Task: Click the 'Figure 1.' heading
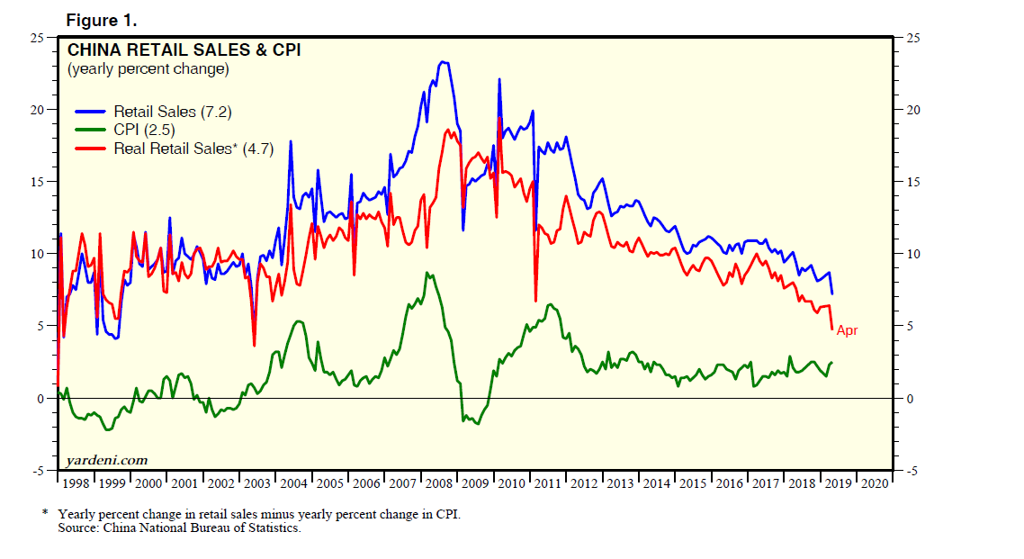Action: coord(100,19)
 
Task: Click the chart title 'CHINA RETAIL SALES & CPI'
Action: coord(184,50)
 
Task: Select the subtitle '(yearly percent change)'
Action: coord(148,68)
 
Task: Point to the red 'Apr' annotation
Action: coord(848,330)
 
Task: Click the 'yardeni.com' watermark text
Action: coord(106,459)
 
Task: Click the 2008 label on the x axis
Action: coord(440,483)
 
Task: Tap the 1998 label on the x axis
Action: coord(76,483)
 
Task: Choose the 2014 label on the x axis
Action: coord(657,483)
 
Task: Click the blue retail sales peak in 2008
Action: coord(442,62)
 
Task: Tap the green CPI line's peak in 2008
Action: coord(428,273)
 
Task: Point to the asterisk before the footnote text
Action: coord(45,513)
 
